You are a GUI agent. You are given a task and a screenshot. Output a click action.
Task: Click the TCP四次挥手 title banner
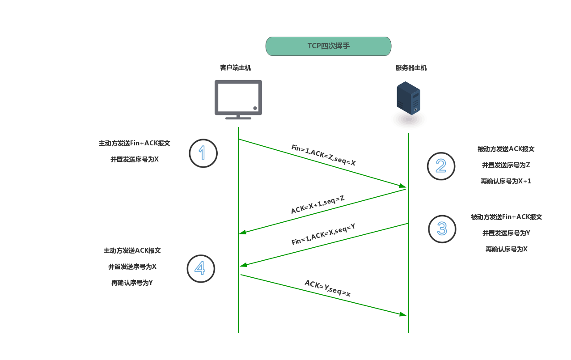pyautogui.click(x=328, y=46)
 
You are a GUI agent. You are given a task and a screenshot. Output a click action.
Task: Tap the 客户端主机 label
pyautogui.click(x=235, y=68)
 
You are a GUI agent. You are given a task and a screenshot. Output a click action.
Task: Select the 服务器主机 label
pyautogui.click(x=411, y=68)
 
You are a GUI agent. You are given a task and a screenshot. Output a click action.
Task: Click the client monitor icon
pyautogui.click(x=238, y=99)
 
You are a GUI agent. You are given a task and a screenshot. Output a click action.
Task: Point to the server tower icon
pyautogui.click(x=408, y=98)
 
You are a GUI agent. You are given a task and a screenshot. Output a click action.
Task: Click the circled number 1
pyautogui.click(x=203, y=153)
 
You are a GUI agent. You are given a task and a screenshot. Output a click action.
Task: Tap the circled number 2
pyautogui.click(x=441, y=166)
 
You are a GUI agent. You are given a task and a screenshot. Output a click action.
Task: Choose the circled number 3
pyautogui.click(x=442, y=229)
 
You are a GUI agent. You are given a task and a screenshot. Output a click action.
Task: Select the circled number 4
pyautogui.click(x=201, y=268)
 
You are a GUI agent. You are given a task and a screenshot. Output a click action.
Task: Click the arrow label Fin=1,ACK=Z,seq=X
pyautogui.click(x=323, y=155)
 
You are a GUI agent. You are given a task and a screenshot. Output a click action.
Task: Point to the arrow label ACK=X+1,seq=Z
pyautogui.click(x=317, y=205)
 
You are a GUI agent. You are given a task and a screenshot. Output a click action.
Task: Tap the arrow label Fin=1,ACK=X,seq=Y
pyautogui.click(x=323, y=234)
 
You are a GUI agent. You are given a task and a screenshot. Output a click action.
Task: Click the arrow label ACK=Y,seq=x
pyautogui.click(x=327, y=288)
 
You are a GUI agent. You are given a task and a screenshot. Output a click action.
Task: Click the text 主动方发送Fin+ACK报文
pyautogui.click(x=134, y=144)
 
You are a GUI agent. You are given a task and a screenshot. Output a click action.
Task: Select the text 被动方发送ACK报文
pyautogui.click(x=506, y=149)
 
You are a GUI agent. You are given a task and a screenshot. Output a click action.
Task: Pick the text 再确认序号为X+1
pyautogui.click(x=506, y=182)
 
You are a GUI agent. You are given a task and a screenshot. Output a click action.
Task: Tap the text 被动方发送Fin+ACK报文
pyautogui.click(x=506, y=217)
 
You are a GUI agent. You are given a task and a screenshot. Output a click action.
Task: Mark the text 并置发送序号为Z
pyautogui.click(x=506, y=165)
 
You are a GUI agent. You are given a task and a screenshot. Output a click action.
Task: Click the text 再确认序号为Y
pyautogui.click(x=132, y=283)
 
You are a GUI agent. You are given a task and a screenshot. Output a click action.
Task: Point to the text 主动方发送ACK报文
pyautogui.click(x=132, y=250)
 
